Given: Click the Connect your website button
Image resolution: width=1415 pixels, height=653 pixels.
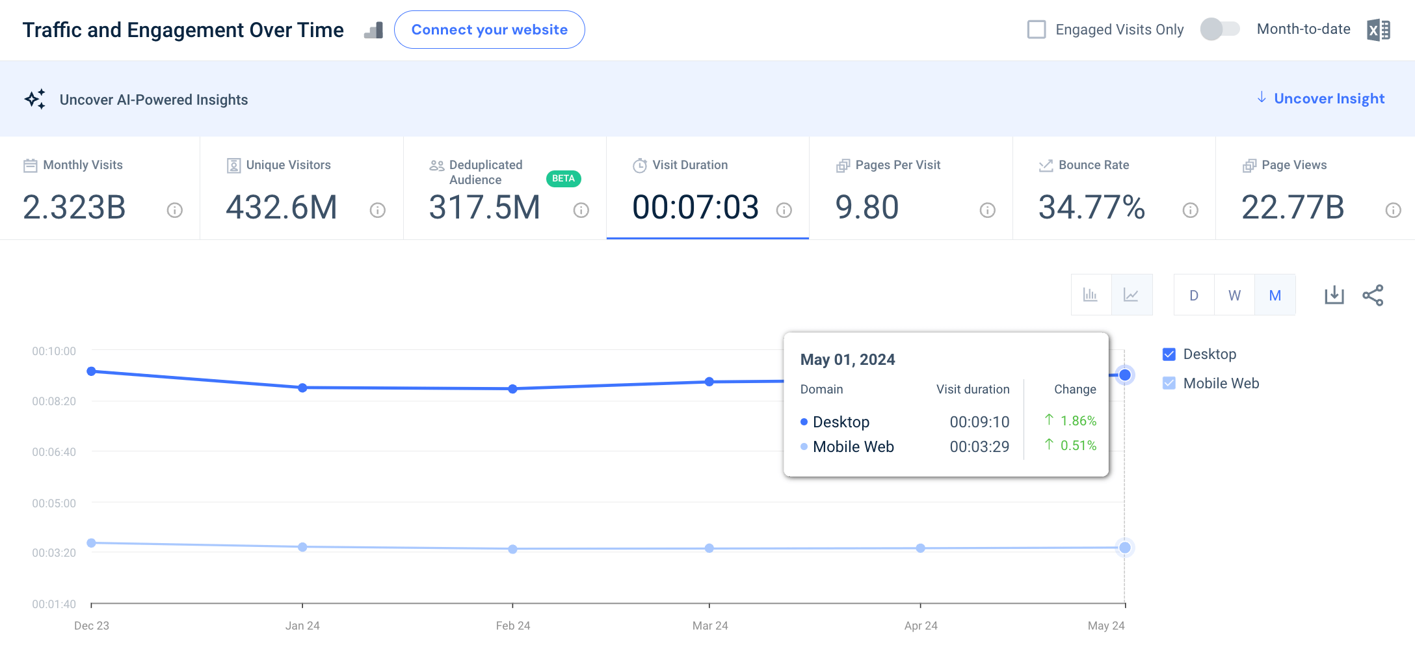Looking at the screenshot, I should tap(489, 30).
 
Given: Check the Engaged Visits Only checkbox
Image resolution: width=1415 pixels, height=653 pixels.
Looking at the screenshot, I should tap(1037, 29).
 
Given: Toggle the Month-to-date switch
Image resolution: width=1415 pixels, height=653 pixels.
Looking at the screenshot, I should tap(1220, 29).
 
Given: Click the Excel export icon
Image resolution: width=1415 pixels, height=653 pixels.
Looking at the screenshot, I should tap(1378, 30).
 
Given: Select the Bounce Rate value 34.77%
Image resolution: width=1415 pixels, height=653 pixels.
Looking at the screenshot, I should tap(1091, 207).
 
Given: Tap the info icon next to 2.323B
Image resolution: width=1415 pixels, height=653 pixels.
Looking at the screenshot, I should tap(174, 210).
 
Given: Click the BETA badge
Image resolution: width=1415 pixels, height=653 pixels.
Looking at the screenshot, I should tap(563, 178).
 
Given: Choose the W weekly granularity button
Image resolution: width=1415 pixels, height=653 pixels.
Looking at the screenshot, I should tap(1234, 295).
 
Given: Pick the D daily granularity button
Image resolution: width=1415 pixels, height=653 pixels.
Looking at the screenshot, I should tap(1194, 295).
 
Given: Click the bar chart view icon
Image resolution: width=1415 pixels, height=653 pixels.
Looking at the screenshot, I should tap(1091, 295).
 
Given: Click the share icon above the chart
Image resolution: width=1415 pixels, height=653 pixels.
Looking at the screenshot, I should tap(1373, 295).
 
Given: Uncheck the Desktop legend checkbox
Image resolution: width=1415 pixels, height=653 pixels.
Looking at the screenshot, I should tap(1169, 354).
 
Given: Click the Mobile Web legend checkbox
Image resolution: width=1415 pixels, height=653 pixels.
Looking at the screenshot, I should tap(1169, 384).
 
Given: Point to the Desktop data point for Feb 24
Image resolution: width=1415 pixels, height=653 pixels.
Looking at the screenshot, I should tap(512, 389).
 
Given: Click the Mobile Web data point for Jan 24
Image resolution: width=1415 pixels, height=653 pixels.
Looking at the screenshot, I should tap(302, 547).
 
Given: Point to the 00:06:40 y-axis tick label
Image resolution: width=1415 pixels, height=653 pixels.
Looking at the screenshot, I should tap(54, 452).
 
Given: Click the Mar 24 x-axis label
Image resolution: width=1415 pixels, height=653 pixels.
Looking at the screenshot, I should tap(709, 626).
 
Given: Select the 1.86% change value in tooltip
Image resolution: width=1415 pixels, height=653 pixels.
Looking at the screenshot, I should tap(1078, 421).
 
